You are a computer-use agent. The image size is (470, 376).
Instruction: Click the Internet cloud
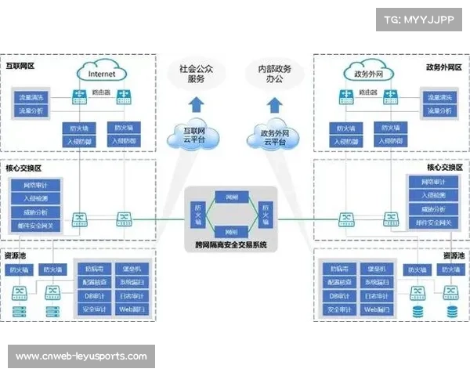(x=102, y=73)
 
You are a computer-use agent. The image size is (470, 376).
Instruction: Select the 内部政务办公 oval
(x=271, y=73)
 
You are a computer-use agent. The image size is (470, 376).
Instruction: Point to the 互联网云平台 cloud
(x=193, y=135)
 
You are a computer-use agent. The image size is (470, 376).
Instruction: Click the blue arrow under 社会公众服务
(x=197, y=103)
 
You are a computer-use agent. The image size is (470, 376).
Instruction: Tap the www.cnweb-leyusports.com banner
(x=81, y=356)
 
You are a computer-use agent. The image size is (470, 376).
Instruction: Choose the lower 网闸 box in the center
(x=231, y=231)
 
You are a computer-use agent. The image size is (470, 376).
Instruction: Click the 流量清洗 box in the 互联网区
(x=32, y=98)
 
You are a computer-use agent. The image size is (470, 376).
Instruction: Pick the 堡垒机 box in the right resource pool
(x=376, y=269)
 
